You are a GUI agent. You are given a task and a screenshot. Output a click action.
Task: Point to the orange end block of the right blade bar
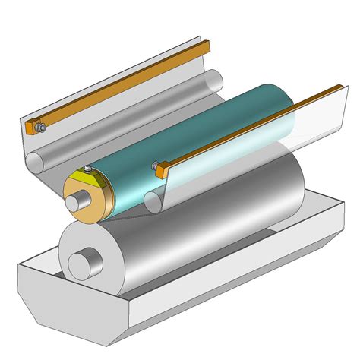(160, 172)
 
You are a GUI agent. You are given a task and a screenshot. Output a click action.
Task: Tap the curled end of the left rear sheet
(36, 161)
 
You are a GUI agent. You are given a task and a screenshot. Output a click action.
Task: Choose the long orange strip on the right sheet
(251, 129)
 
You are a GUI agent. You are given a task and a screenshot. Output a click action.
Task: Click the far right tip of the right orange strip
(341, 88)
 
